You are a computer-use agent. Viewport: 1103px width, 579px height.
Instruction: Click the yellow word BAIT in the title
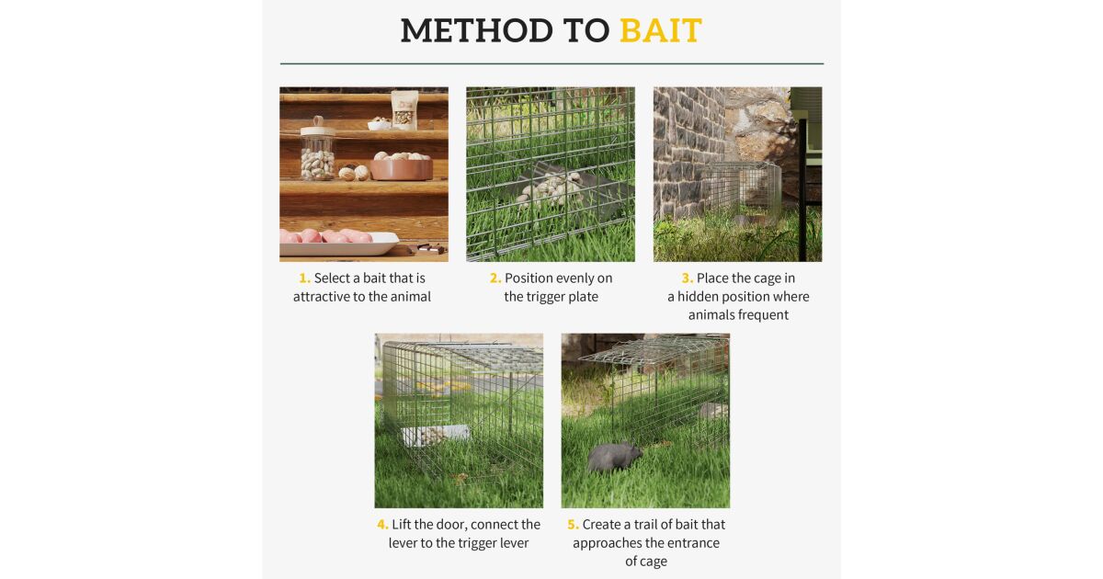point(660,30)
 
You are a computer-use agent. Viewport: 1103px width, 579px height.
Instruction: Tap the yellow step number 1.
point(304,278)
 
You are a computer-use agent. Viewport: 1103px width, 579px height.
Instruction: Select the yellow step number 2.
point(495,278)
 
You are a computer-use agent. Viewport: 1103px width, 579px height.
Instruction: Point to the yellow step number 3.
point(687,278)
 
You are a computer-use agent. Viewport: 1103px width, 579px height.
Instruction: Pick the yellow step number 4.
point(382,525)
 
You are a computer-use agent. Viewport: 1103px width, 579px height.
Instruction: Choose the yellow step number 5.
point(573,525)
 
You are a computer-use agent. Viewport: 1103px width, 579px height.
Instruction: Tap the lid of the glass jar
point(318,129)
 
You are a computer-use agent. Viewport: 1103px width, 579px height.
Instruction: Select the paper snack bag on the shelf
point(404,110)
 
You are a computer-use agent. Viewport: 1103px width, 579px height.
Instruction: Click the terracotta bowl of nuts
point(401,166)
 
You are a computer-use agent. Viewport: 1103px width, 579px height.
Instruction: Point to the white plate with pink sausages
point(339,243)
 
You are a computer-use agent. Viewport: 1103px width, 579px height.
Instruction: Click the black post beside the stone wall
point(802,190)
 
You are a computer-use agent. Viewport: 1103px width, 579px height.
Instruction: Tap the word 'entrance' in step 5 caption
point(694,543)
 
